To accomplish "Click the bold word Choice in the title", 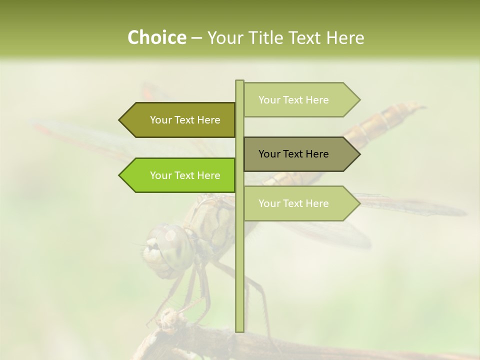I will point(156,38).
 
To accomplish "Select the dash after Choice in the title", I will point(196,38).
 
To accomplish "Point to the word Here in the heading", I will point(345,38).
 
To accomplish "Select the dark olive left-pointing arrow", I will point(180,120).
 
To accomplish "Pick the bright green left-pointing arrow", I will point(180,175).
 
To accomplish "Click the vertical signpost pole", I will point(239,260).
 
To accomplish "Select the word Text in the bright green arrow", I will point(185,175).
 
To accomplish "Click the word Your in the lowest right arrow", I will point(269,203).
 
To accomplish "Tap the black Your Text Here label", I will point(293,154).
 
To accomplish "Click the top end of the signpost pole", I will point(239,81).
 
